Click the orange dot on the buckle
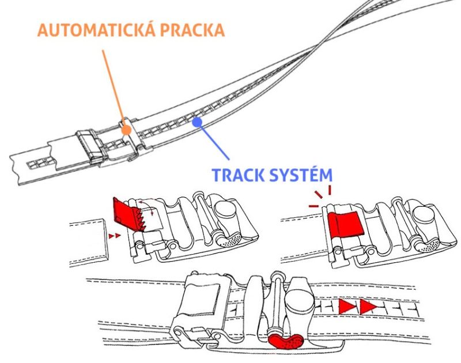point(126,131)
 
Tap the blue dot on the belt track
point(197,122)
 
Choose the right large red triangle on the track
point(367,307)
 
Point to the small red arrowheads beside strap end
point(115,236)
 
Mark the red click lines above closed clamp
point(320,196)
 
